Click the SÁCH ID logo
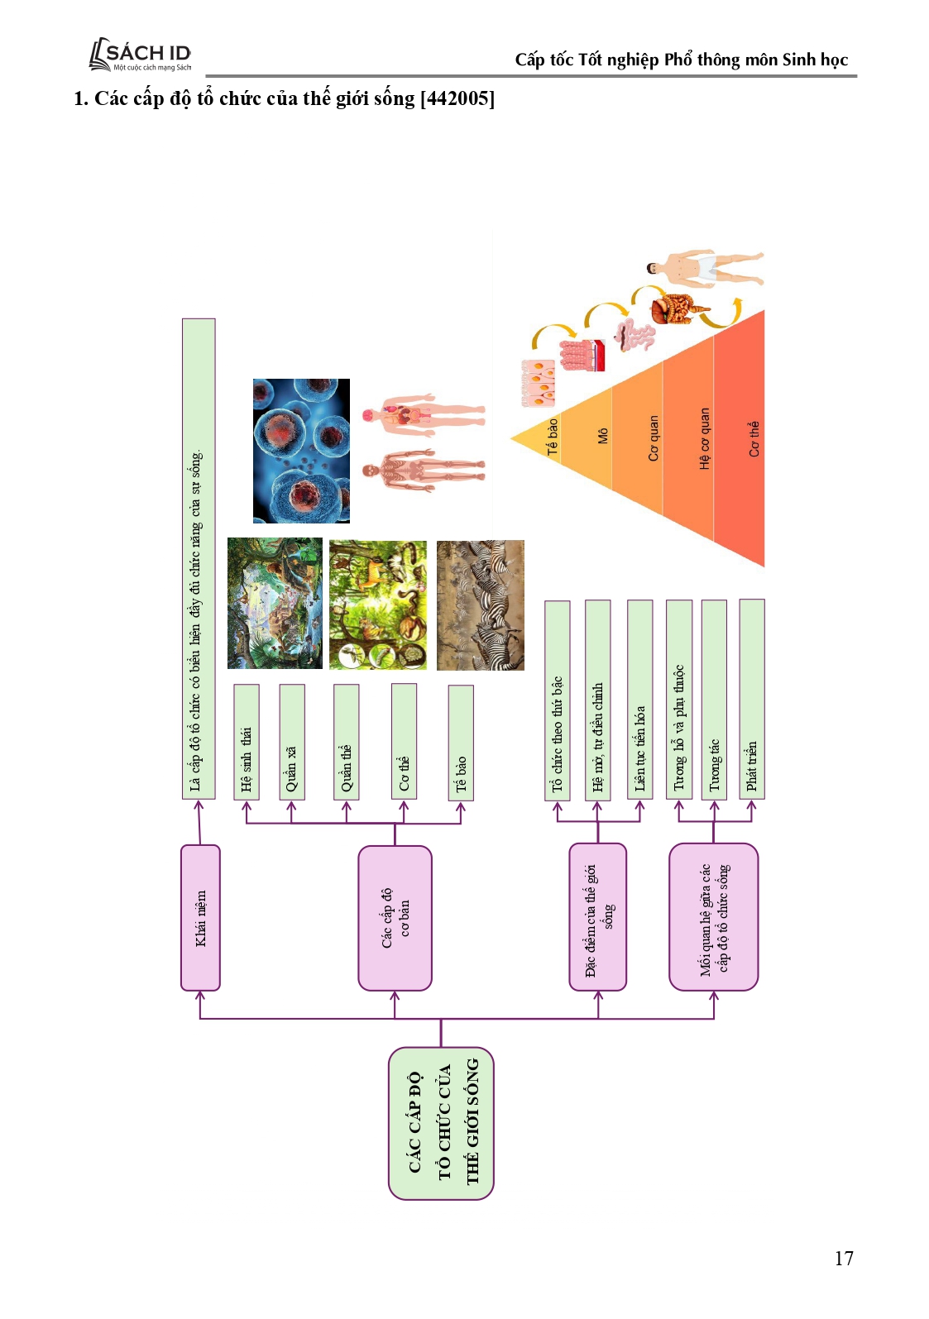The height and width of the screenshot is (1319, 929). pyautogui.click(x=140, y=55)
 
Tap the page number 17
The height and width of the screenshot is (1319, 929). pyautogui.click(x=843, y=1258)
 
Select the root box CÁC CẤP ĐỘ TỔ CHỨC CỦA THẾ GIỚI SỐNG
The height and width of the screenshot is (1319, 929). pyautogui.click(x=441, y=1123)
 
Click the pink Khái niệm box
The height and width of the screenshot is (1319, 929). pyautogui.click(x=200, y=917)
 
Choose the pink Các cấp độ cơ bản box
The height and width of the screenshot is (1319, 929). pyautogui.click(x=395, y=917)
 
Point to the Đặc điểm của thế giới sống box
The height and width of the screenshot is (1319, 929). pyautogui.click(x=597, y=917)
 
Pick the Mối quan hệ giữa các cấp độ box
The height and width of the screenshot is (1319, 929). pyautogui.click(x=713, y=917)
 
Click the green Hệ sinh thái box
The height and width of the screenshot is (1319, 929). pyautogui.click(x=247, y=742)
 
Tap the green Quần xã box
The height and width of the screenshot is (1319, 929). pyautogui.click(x=291, y=742)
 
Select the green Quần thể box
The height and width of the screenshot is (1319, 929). pyautogui.click(x=346, y=742)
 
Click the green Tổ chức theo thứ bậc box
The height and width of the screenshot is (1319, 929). pyautogui.click(x=557, y=700)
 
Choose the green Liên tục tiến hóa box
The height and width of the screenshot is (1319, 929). pyautogui.click(x=639, y=700)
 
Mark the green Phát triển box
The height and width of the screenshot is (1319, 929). pyautogui.click(x=751, y=700)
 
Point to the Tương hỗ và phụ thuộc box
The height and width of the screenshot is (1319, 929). pyautogui.click(x=678, y=700)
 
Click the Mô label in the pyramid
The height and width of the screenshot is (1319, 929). pyautogui.click(x=603, y=435)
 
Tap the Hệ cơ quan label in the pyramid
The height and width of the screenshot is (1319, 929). pyautogui.click(x=704, y=439)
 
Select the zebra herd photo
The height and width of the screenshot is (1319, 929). pyautogui.click(x=480, y=605)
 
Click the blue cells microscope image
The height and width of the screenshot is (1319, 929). pyautogui.click(x=301, y=451)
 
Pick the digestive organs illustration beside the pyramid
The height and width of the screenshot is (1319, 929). pyautogui.click(x=678, y=308)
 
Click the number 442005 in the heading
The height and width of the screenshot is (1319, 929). pyautogui.click(x=457, y=99)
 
